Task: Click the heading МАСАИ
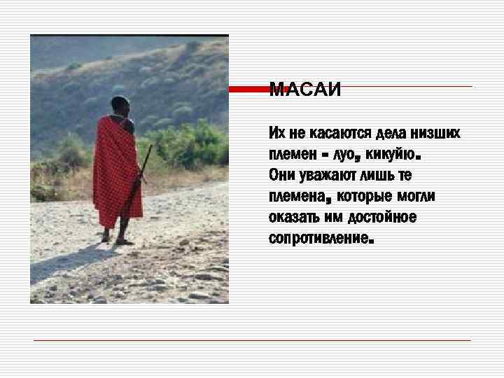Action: pos(304,90)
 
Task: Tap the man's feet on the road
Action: pos(115,240)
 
